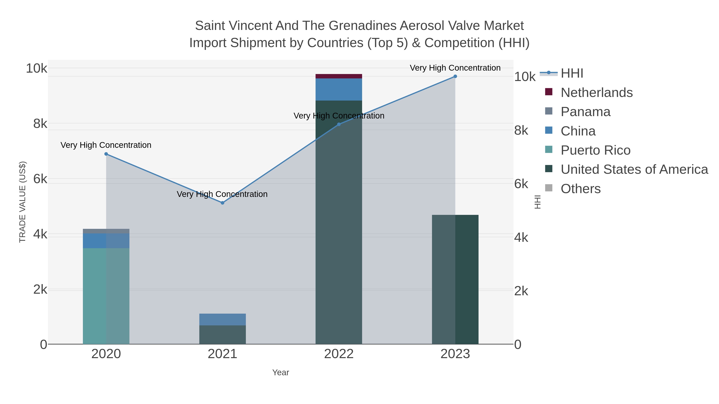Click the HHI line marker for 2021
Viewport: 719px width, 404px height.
[x=222, y=203]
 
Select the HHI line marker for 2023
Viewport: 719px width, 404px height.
[x=455, y=76]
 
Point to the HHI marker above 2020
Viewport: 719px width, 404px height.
[x=106, y=154]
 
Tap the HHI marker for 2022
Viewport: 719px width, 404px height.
[x=339, y=124]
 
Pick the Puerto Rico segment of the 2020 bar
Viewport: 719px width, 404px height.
[x=106, y=295]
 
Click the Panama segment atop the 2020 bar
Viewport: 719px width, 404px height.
[x=106, y=231]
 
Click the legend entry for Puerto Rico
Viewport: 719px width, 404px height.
[x=595, y=150]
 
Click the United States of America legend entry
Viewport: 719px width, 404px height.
[x=634, y=170]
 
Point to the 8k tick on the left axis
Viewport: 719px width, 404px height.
[x=40, y=123]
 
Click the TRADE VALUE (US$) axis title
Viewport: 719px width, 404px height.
[x=22, y=202]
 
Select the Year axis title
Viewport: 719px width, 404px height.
[x=281, y=372]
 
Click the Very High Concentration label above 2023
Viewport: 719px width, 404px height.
[x=455, y=68]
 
